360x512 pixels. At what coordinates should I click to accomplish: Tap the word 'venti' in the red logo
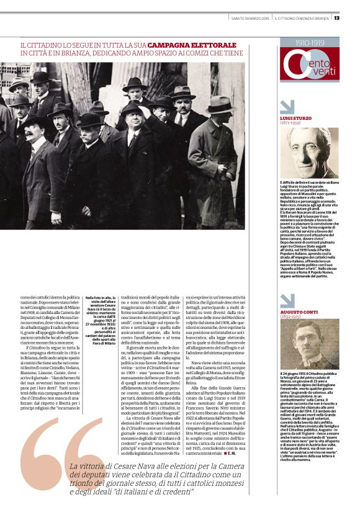coord(320,73)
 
